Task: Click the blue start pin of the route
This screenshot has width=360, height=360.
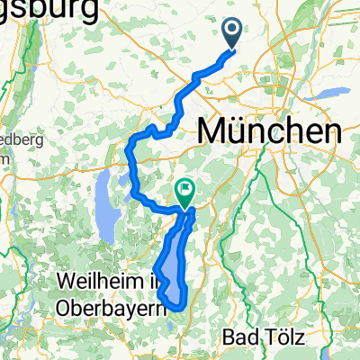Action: (231, 33)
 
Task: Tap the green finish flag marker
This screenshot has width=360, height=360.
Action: (185, 191)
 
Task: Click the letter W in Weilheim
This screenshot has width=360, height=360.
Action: (67, 281)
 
